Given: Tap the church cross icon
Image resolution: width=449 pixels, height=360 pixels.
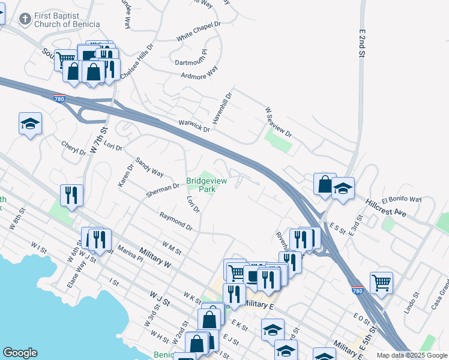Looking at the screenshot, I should coord(25,19).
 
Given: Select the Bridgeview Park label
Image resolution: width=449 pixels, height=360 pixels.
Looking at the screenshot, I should coord(202,184).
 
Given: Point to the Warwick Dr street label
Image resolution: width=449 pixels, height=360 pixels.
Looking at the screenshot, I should coord(194,125).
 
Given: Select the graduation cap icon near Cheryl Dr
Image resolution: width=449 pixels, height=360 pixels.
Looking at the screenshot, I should coord(30,124).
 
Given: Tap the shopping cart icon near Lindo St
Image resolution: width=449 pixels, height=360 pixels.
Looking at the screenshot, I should coord(382,281).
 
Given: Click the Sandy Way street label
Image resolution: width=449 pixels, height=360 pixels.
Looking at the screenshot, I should coord(149,167).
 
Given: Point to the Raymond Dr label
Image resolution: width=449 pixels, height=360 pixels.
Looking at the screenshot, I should coord(175,221).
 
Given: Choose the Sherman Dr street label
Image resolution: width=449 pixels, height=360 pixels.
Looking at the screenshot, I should coord(162,190).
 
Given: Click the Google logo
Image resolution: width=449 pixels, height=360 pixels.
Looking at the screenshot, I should coord(20,353).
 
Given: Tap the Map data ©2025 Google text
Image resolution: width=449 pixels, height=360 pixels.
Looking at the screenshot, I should coord(412,355).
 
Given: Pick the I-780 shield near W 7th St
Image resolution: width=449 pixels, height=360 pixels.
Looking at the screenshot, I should coord(59,99).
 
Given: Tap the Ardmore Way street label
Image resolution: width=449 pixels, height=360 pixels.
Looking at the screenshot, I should coord(199,76).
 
